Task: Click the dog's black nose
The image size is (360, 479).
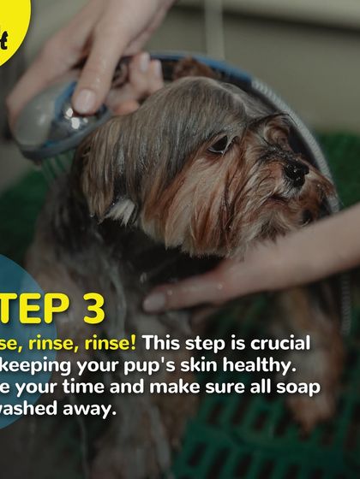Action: (x=296, y=171)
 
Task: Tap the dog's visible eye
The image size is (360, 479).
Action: (x=221, y=144)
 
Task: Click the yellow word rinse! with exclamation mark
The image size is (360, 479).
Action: (x=110, y=342)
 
